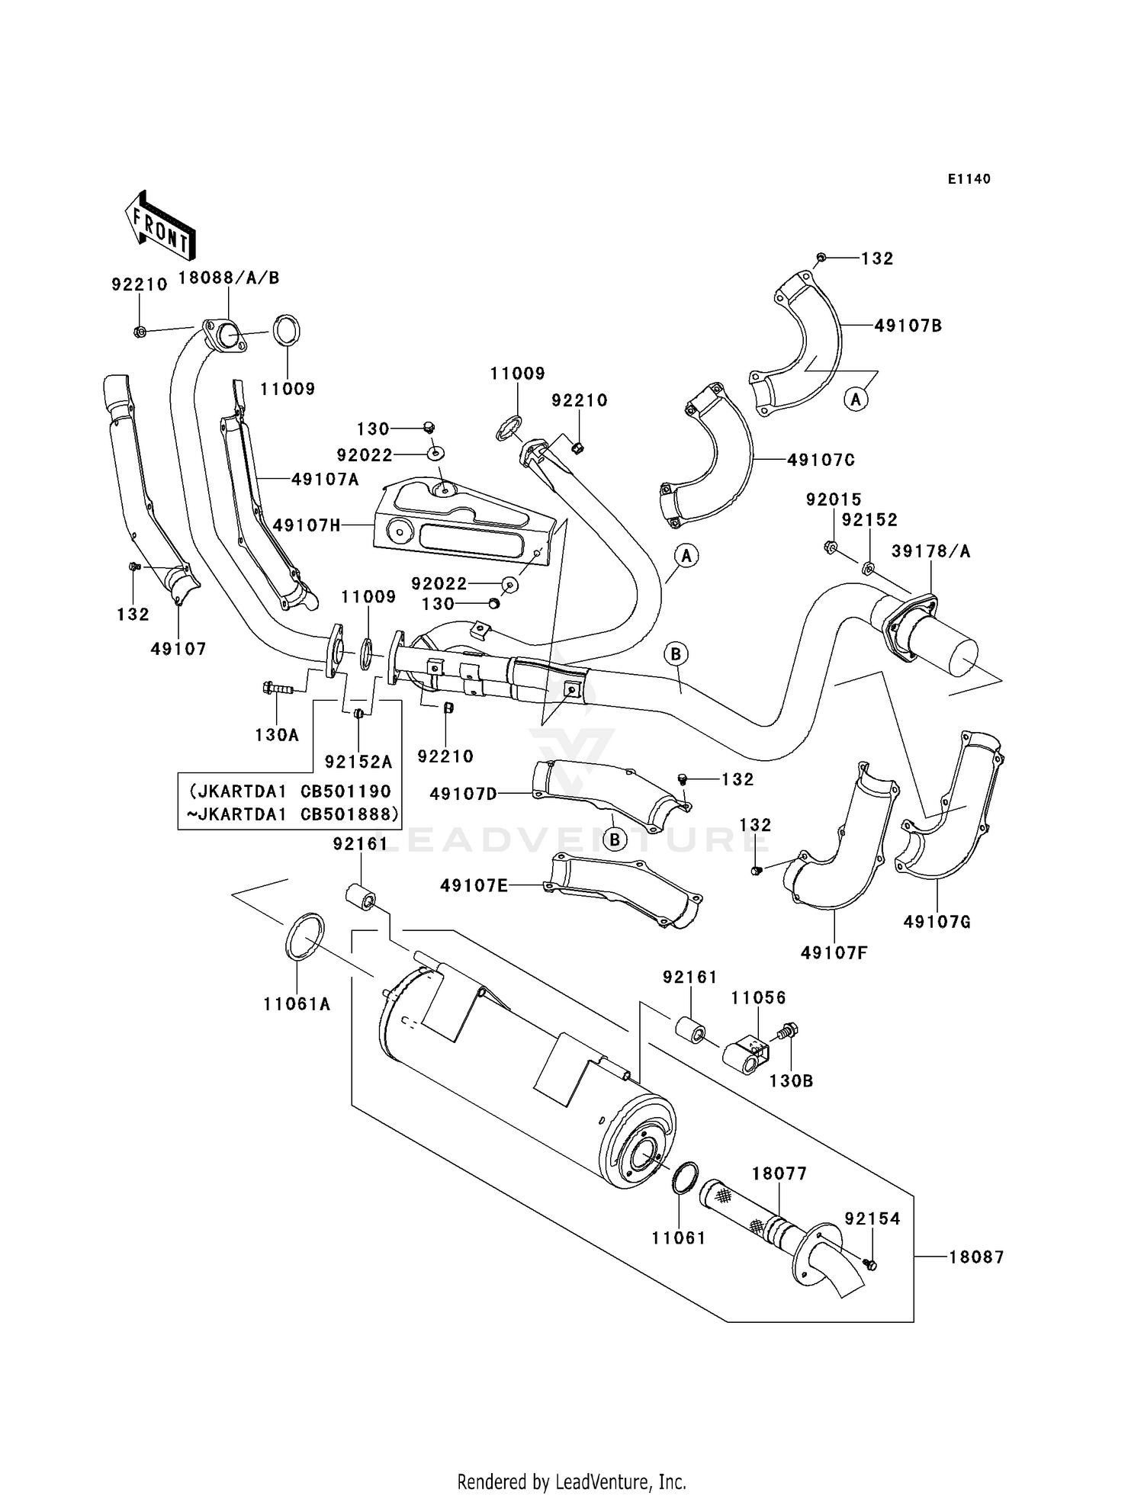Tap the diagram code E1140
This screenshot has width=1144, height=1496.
pyautogui.click(x=969, y=179)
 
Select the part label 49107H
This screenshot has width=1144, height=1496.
pyautogui.click(x=307, y=525)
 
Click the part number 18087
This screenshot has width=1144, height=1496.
pyautogui.click(x=977, y=1257)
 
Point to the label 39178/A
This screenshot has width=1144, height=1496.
pyautogui.click(x=931, y=551)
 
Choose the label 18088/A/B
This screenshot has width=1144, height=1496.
pyautogui.click(x=229, y=278)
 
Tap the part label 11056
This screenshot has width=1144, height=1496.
pyautogui.click(x=759, y=998)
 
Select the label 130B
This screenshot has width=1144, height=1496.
pyautogui.click(x=792, y=1080)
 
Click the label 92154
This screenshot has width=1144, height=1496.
pyautogui.click(x=872, y=1219)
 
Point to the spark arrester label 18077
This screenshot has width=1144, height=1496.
pyautogui.click(x=779, y=1173)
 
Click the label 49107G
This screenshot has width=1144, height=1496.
pyautogui.click(x=937, y=922)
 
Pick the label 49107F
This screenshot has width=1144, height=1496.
pyautogui.click(x=834, y=952)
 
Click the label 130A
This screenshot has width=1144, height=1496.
pyautogui.click(x=277, y=735)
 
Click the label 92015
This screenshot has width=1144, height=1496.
pyautogui.click(x=834, y=499)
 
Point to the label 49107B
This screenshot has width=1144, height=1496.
pyautogui.click(x=908, y=326)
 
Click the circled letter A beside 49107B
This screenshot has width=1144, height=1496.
pyautogui.click(x=856, y=399)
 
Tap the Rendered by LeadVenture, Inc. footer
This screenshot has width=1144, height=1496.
pyautogui.click(x=572, y=1482)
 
